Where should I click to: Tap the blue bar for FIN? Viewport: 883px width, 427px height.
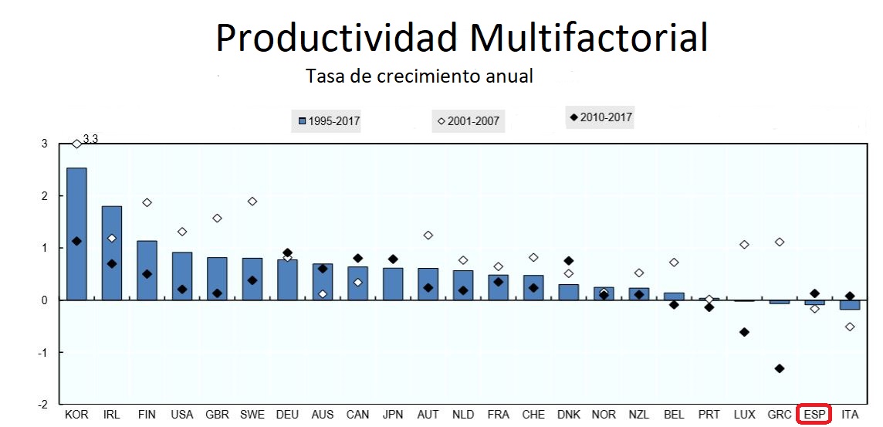point(147,270)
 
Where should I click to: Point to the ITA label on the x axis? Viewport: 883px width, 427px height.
point(850,415)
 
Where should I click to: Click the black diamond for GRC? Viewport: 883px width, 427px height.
point(780,368)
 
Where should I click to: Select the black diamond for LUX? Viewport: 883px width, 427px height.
point(744,332)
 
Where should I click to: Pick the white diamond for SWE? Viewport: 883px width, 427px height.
point(252,202)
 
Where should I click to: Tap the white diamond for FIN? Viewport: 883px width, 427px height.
point(147,202)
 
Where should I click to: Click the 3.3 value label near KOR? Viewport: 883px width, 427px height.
point(90,139)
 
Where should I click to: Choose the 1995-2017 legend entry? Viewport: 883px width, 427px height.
point(329,121)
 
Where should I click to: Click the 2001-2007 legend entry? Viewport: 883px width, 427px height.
point(469,121)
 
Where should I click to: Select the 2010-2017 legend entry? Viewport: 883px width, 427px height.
point(601,118)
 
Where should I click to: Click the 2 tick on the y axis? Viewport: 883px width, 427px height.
point(44,196)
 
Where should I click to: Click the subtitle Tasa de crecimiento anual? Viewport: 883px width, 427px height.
point(419,76)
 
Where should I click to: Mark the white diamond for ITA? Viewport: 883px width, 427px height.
point(850,327)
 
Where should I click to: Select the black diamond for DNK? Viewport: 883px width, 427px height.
point(569,261)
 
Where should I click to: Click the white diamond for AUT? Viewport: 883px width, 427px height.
point(428,235)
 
